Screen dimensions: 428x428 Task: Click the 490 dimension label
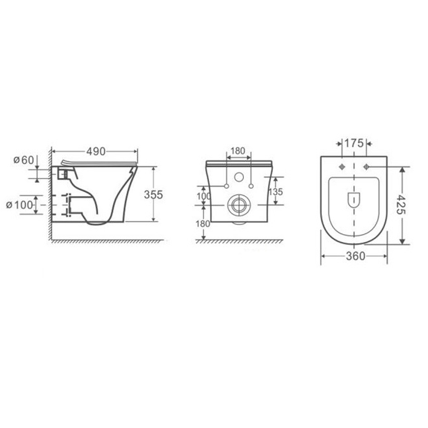(96, 152)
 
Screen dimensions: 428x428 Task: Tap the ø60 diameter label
(24, 160)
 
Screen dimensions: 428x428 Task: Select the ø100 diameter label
(19, 205)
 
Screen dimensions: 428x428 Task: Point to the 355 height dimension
(153, 195)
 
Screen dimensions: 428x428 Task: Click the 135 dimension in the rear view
(275, 192)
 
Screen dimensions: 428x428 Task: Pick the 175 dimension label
(354, 143)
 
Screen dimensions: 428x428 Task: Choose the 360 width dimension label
(355, 256)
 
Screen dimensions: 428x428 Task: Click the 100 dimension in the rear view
(204, 196)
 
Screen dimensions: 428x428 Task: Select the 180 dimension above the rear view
(238, 151)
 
